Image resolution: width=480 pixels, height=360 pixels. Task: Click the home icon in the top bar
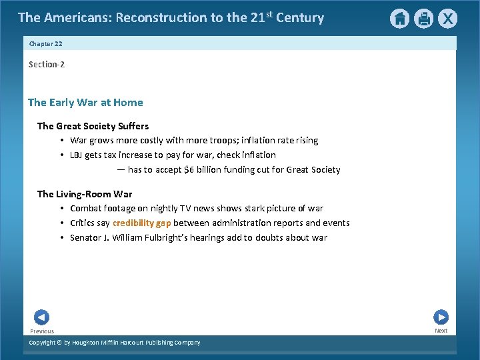399,19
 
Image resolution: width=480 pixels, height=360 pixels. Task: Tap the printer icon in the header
423,19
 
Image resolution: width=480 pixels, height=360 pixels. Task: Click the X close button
447,19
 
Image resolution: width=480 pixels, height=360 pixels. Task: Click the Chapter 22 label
46,43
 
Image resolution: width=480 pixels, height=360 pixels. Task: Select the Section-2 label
47,64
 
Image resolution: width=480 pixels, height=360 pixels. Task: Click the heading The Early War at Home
85,102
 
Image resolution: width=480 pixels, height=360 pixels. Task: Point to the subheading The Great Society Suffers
93,125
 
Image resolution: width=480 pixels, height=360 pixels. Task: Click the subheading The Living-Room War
85,194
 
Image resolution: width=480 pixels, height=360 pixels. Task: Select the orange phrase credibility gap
142,223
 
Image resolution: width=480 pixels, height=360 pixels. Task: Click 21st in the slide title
261,17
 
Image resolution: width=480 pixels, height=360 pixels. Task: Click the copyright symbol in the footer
59,343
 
